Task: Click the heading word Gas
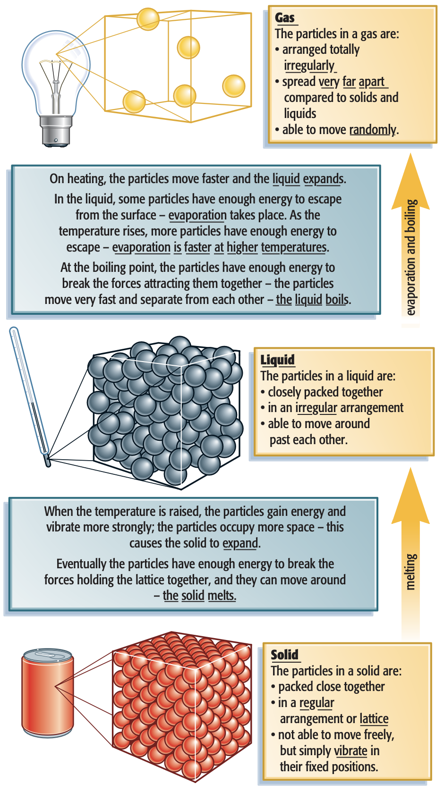click(x=285, y=17)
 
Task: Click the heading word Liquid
click(x=278, y=360)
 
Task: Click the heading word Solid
click(x=285, y=655)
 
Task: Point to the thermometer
click(x=30, y=396)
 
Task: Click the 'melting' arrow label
click(x=410, y=572)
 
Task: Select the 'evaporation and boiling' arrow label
click(x=410, y=257)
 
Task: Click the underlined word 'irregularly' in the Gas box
click(x=309, y=66)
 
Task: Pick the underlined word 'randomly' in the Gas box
click(x=373, y=130)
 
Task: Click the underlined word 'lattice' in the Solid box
click(x=374, y=719)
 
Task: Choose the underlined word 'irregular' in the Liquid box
click(x=316, y=408)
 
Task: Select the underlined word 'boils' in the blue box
click(x=337, y=299)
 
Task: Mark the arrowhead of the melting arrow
click(x=410, y=495)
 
